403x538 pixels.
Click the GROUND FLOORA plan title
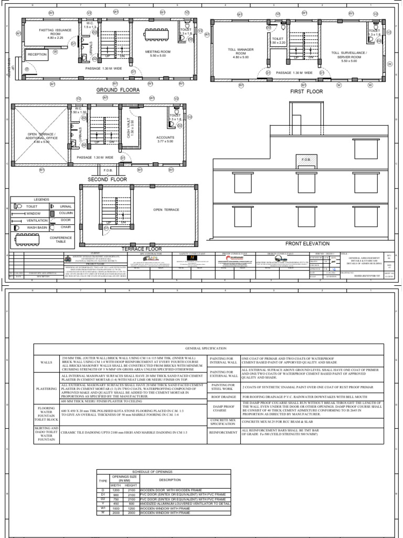pyautogui.click(x=118, y=90)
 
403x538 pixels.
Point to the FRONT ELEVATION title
pyautogui.click(x=307, y=243)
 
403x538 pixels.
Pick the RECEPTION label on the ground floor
pyautogui.click(x=37, y=55)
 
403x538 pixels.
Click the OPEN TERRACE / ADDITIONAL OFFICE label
pyautogui.click(x=41, y=137)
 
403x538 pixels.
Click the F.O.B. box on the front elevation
pyautogui.click(x=305, y=159)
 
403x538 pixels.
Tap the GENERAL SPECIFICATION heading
pyautogui.click(x=208, y=348)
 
